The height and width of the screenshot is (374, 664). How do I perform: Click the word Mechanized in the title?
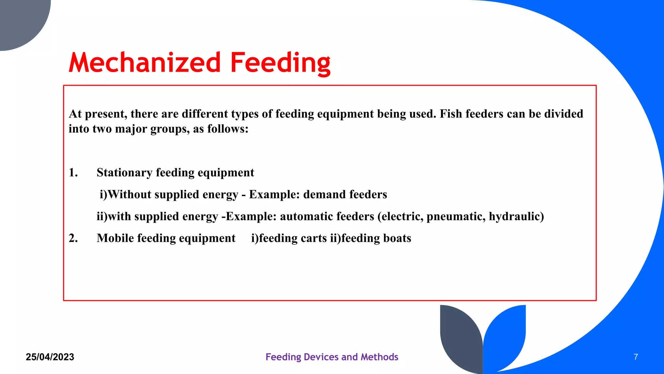145,63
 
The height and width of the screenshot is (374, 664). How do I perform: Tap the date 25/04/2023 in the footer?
50,357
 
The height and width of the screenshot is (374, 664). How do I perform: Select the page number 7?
635,357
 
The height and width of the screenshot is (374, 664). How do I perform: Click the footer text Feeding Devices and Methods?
332,357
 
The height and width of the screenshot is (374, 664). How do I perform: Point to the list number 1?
73,173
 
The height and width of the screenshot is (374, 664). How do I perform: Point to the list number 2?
73,238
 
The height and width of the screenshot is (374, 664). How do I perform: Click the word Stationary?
124,173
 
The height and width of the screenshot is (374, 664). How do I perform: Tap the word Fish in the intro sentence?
451,114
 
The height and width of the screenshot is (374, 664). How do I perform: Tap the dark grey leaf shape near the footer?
460,338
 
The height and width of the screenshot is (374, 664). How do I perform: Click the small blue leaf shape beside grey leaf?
506,334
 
